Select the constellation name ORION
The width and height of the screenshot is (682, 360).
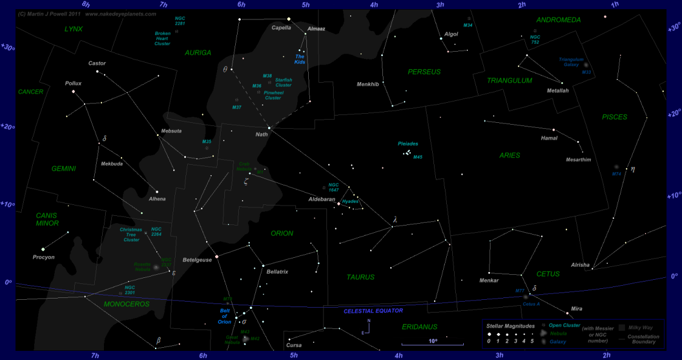282,233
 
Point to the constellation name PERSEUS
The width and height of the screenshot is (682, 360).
424,72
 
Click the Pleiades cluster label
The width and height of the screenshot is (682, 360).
408,144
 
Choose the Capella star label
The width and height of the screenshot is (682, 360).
281,27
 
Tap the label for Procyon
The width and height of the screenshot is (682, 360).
44,257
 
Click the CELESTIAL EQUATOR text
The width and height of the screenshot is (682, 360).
373,311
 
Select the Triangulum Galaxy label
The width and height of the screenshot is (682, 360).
571,62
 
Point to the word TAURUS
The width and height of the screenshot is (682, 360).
361,277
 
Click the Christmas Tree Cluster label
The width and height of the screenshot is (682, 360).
131,235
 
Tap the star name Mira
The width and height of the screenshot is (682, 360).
577,309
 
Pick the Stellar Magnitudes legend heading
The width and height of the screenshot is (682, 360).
510,326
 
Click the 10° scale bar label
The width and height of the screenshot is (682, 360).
433,341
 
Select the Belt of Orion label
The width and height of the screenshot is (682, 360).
224,316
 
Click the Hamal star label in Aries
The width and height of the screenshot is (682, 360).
549,138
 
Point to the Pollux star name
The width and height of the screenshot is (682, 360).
73,83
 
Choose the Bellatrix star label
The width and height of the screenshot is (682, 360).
277,271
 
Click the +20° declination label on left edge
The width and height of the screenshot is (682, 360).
7,127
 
